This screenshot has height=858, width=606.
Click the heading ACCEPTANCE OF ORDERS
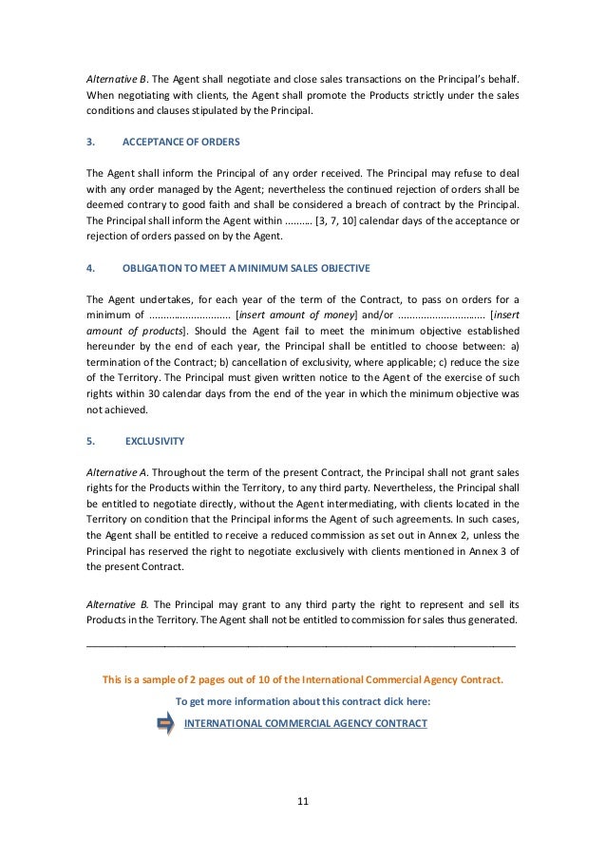(181, 141)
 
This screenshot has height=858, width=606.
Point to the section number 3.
(89, 141)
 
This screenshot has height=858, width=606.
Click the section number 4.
(89, 267)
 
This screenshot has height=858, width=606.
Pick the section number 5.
(89, 441)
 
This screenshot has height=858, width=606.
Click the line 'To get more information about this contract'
(303, 702)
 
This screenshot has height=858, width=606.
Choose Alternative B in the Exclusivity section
(117, 603)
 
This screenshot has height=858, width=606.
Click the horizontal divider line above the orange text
(302, 646)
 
